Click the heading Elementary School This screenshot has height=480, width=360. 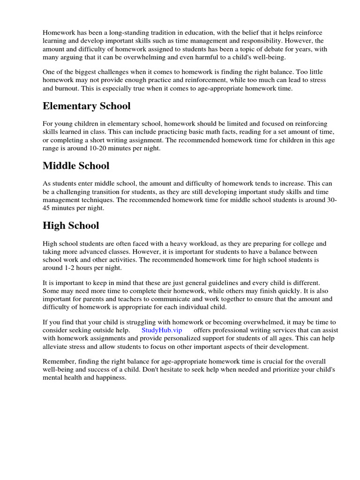pos(86,106)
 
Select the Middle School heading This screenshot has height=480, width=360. pos(76,165)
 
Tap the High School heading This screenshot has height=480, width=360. pos(71,225)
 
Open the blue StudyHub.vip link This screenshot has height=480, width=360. pos(161,330)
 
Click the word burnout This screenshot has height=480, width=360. pos(73,88)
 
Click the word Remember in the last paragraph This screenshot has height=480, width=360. pos(59,361)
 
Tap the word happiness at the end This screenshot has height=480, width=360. pos(111,377)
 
